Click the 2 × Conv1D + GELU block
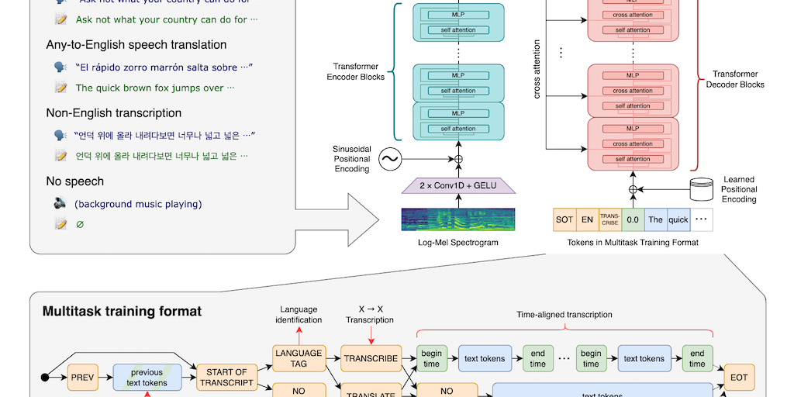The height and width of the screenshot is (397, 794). pyautogui.click(x=457, y=185)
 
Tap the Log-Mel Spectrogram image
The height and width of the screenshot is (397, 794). pyautogui.click(x=457, y=219)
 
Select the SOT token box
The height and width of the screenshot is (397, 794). pyautogui.click(x=564, y=219)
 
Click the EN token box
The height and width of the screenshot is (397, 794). pyautogui.click(x=588, y=219)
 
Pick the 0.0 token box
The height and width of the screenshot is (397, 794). pyautogui.click(x=633, y=219)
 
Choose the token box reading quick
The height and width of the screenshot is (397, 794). pyautogui.click(x=678, y=219)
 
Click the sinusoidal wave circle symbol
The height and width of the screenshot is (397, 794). pyautogui.click(x=389, y=160)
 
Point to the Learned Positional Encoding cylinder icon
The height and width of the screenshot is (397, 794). pyautogui.click(x=702, y=188)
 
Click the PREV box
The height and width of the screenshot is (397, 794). pyautogui.click(x=83, y=378)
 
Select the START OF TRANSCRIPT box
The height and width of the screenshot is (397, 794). pyautogui.click(x=226, y=378)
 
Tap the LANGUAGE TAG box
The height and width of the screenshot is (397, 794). pyautogui.click(x=299, y=358)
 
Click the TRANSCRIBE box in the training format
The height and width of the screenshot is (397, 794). pyautogui.click(x=370, y=358)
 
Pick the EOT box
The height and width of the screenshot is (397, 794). pyautogui.click(x=737, y=378)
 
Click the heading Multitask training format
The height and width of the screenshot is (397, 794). pyautogui.click(x=122, y=312)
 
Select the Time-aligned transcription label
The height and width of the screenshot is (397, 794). pyautogui.click(x=564, y=315)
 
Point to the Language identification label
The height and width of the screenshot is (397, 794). pyautogui.click(x=299, y=314)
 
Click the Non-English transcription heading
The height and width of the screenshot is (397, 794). pyautogui.click(x=113, y=113)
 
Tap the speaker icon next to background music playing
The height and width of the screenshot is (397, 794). pyautogui.click(x=60, y=204)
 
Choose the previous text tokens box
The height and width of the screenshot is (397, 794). pyautogui.click(x=147, y=378)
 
